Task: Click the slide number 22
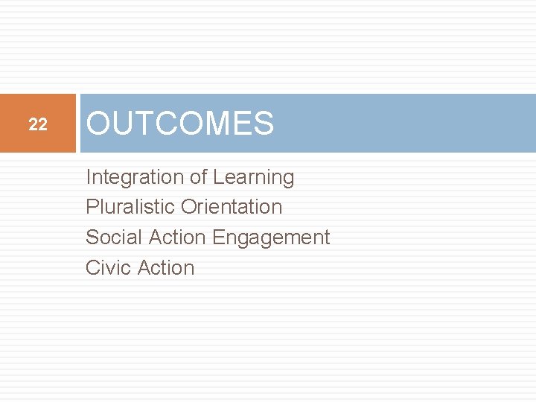(38, 125)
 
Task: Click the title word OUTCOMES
(180, 124)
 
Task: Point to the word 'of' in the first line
(198, 177)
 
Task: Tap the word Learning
(253, 178)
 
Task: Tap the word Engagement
(271, 238)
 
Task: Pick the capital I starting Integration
(89, 177)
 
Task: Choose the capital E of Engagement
(218, 237)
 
